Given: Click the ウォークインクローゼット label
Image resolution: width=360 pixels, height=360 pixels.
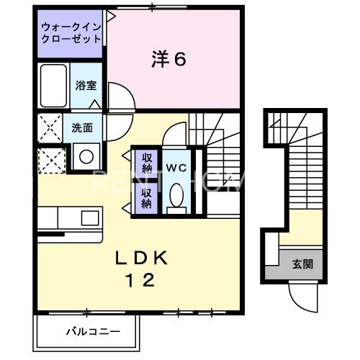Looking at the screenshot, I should tap(71, 33).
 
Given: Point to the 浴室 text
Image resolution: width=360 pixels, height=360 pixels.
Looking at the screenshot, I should tap(86, 85).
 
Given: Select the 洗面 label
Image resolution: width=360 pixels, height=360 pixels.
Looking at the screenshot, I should tap(81, 128).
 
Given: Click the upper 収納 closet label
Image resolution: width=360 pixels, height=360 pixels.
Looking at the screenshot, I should tap(146, 162).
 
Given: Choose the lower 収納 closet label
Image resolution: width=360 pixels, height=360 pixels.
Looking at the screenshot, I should tap(146, 197).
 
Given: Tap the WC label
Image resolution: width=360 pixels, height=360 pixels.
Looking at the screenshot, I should tap(176, 168).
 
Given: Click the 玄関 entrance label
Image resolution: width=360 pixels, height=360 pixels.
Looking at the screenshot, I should tap(302, 264).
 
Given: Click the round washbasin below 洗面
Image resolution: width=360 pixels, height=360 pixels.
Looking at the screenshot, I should tap(86, 156).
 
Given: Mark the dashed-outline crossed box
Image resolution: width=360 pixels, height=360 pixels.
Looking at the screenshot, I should tap(50, 159).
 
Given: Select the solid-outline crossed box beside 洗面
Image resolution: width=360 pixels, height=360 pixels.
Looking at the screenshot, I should tap(50, 128).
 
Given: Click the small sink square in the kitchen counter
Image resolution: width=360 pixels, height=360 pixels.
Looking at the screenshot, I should tap(90, 217).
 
